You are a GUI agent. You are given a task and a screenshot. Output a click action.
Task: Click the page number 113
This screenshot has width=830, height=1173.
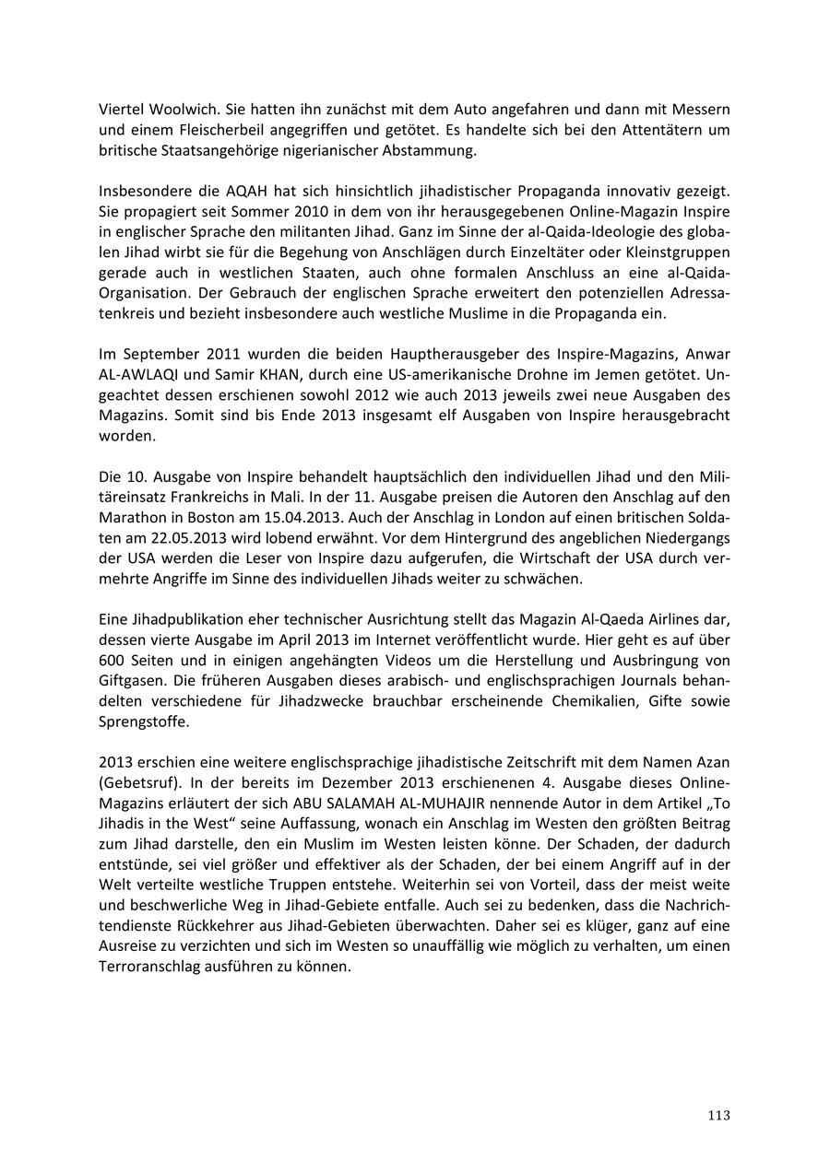coord(718,1115)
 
